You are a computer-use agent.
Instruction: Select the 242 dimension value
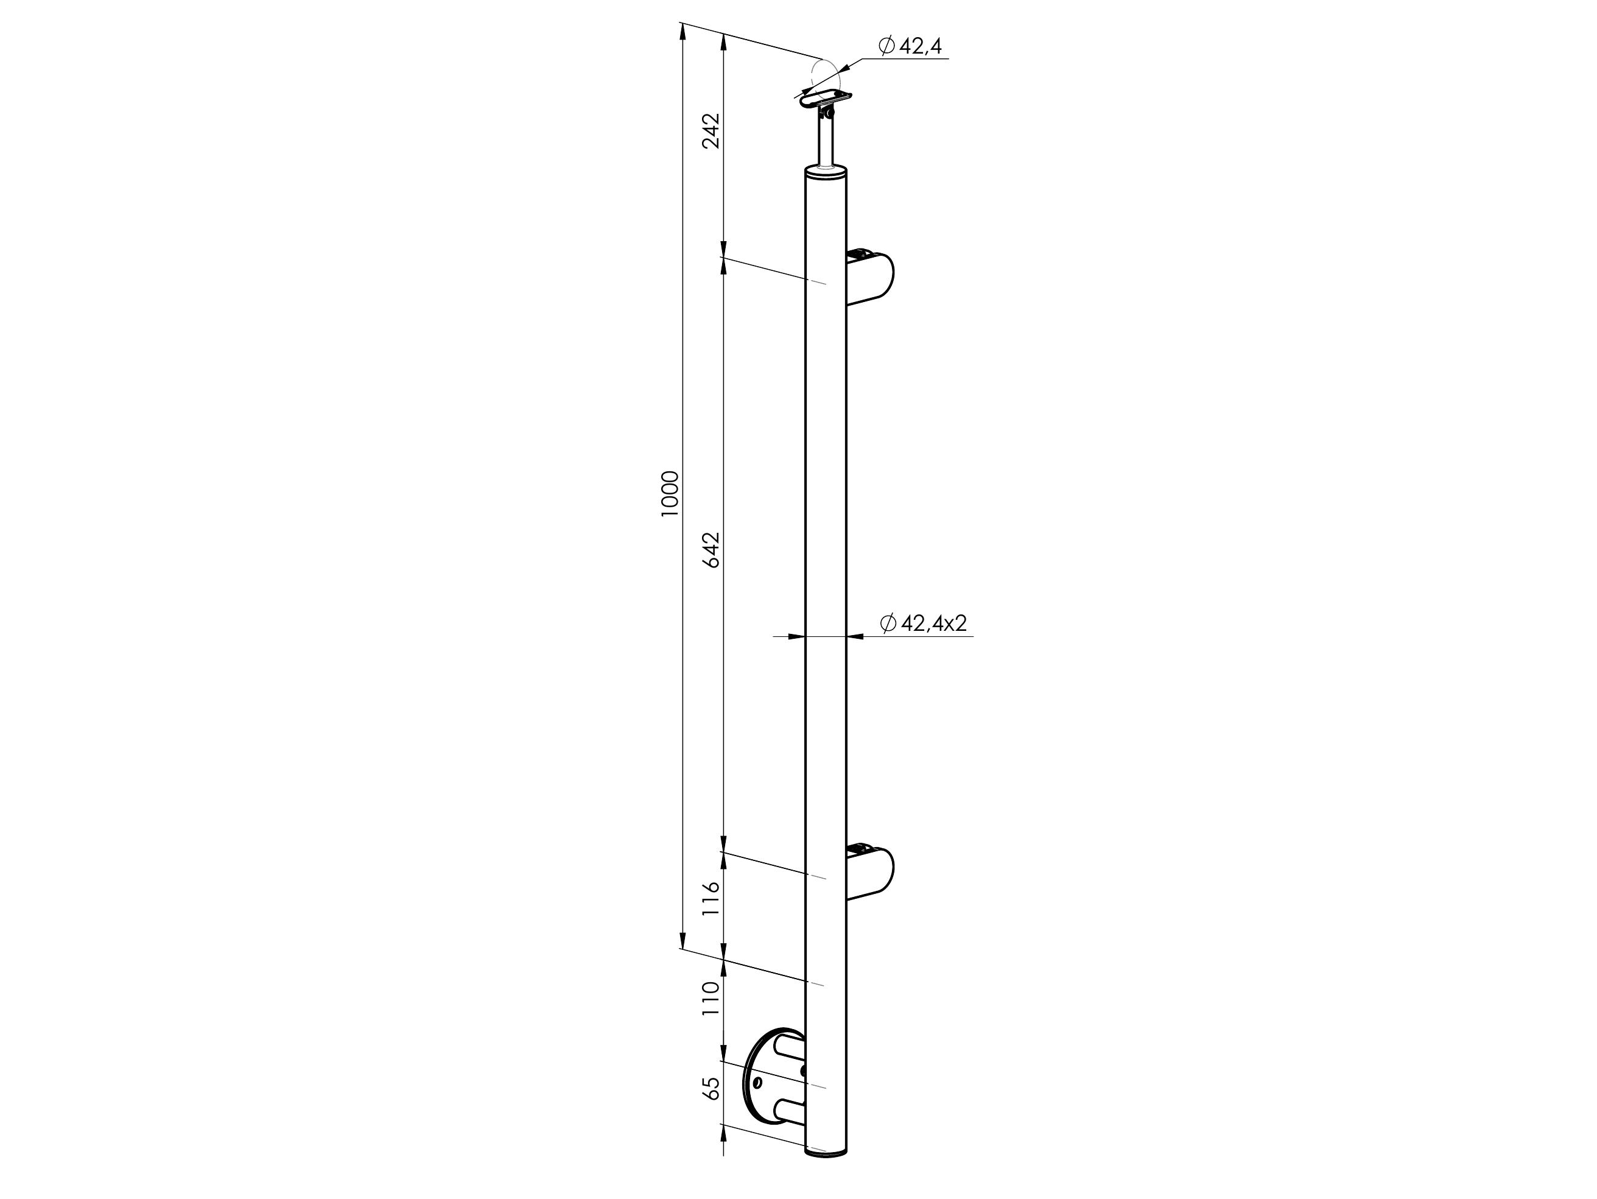tap(712, 131)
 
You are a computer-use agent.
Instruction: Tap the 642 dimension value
tap(712, 550)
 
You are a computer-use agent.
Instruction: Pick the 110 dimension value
tap(712, 999)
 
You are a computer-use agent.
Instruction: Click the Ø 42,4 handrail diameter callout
tap(910, 46)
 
